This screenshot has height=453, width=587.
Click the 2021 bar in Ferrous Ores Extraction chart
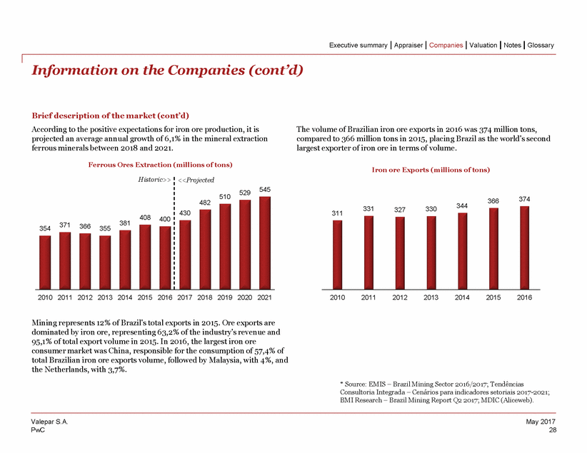(265, 242)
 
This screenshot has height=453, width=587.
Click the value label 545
(265, 189)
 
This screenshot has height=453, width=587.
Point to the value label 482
(205, 203)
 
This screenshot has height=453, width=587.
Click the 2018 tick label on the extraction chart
(205, 296)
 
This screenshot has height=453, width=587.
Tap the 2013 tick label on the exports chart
(431, 296)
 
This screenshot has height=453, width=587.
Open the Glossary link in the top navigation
(541, 45)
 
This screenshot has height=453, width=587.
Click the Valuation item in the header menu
(482, 45)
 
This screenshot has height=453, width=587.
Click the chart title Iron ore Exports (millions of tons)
(430, 170)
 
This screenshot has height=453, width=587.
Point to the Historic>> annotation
(154, 180)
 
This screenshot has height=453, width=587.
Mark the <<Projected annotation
(195, 180)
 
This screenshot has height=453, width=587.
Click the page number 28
(552, 430)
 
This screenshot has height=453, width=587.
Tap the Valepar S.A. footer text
(49, 423)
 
